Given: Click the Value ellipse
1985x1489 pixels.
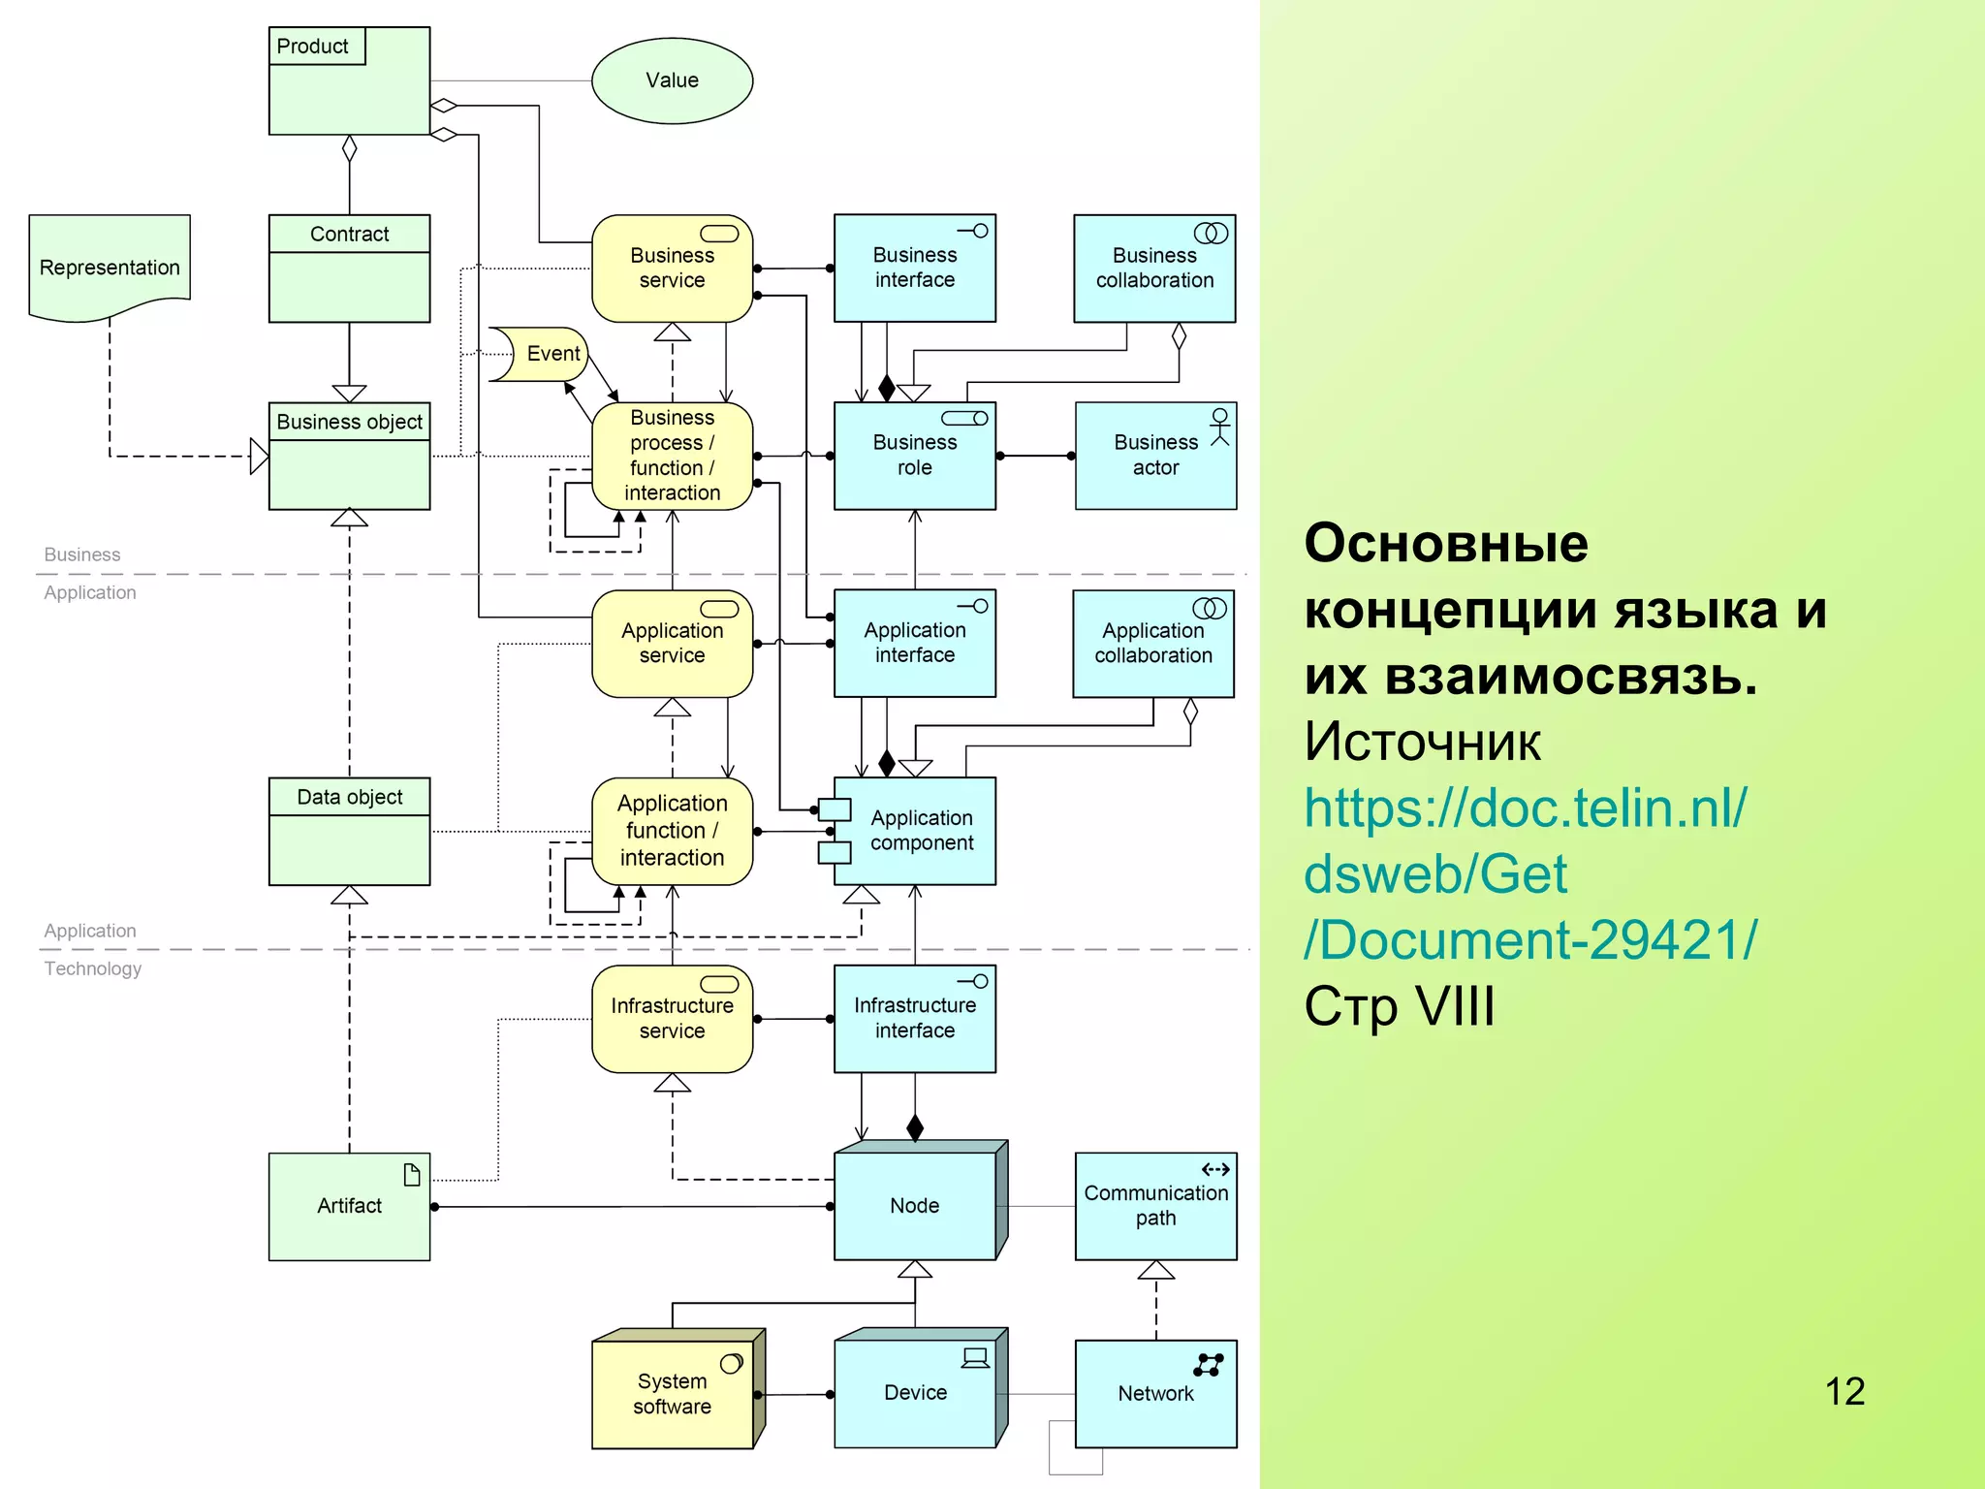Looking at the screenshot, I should (672, 80).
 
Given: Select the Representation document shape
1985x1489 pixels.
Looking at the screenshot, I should (110, 267).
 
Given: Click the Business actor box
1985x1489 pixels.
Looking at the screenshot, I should (1155, 456).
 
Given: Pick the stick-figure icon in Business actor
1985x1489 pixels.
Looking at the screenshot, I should (1219, 426).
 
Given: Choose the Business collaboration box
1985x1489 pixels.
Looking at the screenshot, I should (1154, 269).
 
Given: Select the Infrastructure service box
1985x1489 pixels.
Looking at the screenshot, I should (672, 1019).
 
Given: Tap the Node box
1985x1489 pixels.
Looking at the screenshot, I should (915, 1205).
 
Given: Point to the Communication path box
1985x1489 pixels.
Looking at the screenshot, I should (1155, 1206).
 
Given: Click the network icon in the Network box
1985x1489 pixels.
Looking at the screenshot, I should (1209, 1365).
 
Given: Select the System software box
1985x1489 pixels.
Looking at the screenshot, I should (673, 1393).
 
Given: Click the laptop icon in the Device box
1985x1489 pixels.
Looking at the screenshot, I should (975, 1357).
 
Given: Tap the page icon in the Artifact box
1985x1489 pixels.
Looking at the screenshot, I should (412, 1175).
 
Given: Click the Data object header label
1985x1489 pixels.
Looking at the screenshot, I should (349, 797).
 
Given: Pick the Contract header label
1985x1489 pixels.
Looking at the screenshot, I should (349, 234).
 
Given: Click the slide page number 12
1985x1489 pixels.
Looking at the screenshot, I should (1844, 1391).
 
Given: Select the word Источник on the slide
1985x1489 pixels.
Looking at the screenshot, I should (1422, 742).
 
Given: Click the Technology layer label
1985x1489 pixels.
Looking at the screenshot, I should (93, 968).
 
